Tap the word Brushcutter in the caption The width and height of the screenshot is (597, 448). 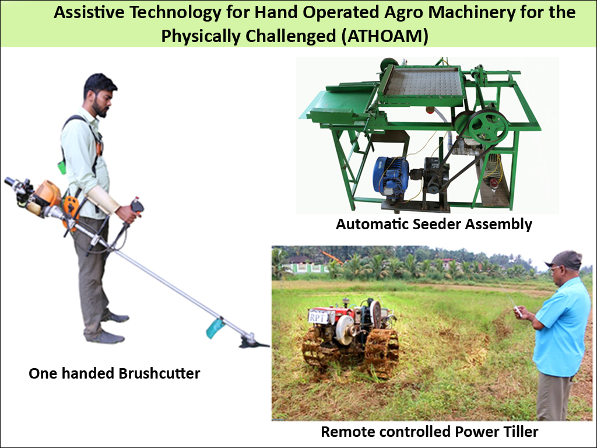pos(159,373)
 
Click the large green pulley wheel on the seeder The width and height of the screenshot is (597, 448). pos(488,127)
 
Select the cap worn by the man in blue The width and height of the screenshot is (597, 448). pos(564,260)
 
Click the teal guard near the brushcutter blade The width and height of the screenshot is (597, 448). pos(215,328)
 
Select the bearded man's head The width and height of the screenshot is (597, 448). pos(99,95)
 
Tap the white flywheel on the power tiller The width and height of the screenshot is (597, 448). pos(346,330)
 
